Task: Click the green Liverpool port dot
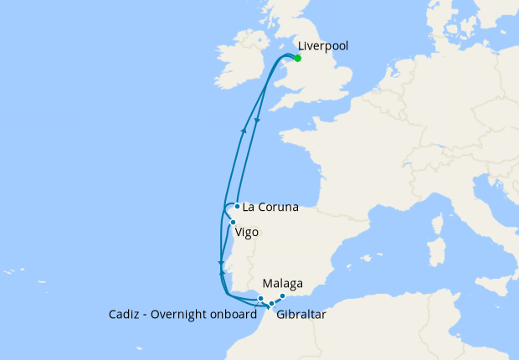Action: pos(297,59)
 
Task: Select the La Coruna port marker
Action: pos(238,206)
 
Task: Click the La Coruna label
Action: pos(270,206)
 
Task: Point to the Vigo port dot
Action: pos(233,222)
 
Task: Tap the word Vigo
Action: pos(247,232)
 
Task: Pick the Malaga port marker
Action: pos(283,296)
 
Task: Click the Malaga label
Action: pos(282,283)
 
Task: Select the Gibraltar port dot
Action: pos(271,304)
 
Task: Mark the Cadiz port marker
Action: pos(261,299)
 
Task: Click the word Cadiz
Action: pos(126,316)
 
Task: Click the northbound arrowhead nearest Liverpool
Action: pos(244,128)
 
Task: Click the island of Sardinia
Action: pos(434,251)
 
